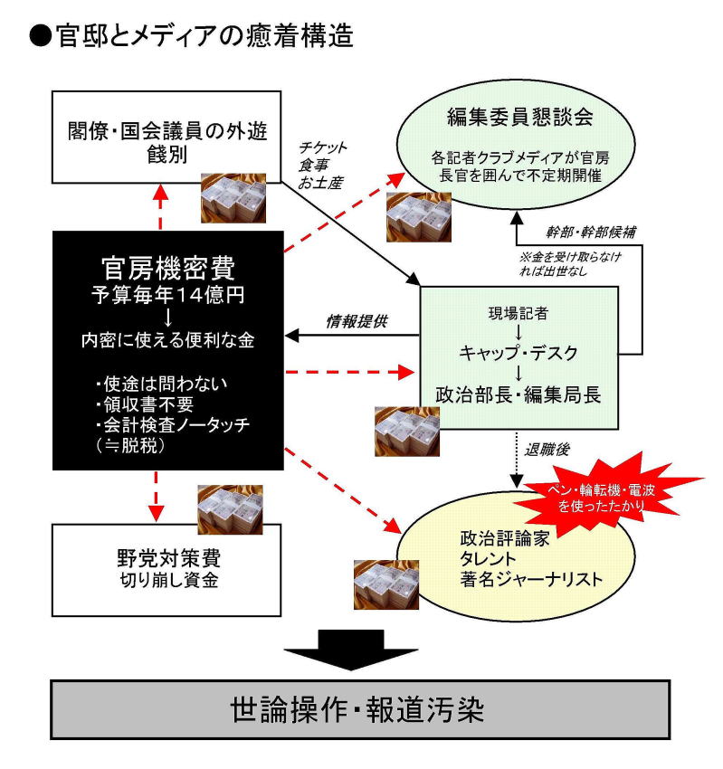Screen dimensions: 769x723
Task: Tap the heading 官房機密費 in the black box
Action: click(x=168, y=268)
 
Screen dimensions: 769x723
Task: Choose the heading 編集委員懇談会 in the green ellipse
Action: click(x=512, y=118)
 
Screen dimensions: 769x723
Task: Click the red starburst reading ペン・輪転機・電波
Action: click(x=608, y=496)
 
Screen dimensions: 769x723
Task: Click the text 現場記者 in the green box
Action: click(x=518, y=315)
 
